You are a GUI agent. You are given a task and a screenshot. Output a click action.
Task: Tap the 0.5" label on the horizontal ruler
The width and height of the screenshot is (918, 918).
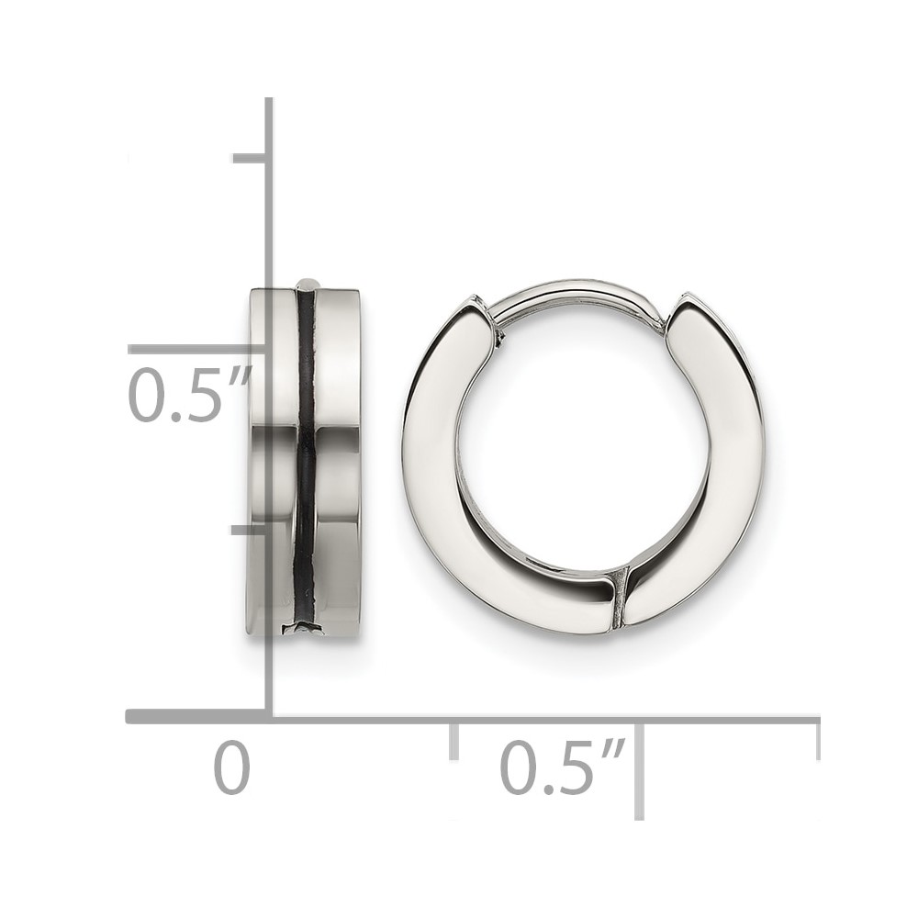(x=562, y=767)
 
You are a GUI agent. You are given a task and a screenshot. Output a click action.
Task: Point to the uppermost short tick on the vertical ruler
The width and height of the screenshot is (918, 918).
(x=251, y=159)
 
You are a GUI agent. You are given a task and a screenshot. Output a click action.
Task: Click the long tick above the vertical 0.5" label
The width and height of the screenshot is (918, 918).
(x=198, y=350)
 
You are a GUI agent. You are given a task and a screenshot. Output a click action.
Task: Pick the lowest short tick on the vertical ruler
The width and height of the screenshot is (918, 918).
(x=251, y=531)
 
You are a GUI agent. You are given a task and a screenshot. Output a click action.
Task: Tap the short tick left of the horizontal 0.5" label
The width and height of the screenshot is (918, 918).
(x=453, y=740)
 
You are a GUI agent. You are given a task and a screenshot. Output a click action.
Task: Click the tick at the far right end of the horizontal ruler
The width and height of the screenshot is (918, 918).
(x=817, y=740)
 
